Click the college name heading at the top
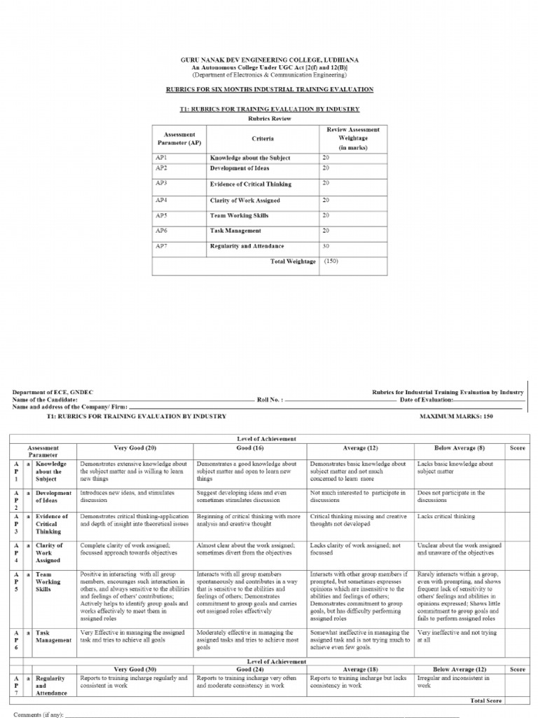(269, 60)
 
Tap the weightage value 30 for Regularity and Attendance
(326, 245)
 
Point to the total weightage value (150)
(331, 261)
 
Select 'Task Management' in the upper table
(235, 231)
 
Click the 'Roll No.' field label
(270, 399)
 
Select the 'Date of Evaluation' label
(427, 399)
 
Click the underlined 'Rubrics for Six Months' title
(269, 90)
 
